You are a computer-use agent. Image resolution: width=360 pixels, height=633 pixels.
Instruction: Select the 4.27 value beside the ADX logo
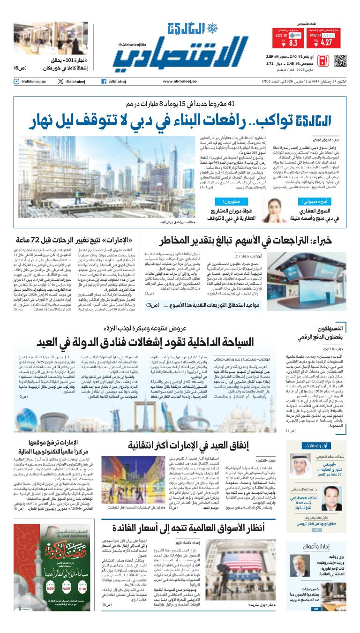326,43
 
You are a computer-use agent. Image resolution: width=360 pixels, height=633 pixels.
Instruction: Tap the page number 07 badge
316,530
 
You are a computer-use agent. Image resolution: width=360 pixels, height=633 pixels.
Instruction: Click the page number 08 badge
316,609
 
